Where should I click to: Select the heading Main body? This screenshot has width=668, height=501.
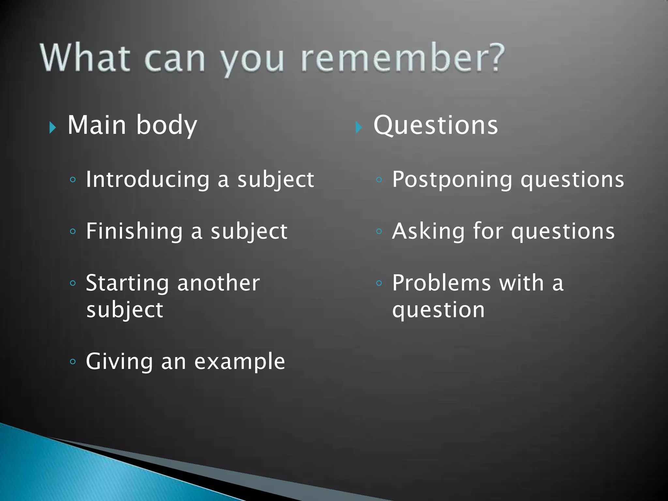132,125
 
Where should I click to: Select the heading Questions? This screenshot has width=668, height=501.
435,125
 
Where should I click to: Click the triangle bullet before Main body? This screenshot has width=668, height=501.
53,128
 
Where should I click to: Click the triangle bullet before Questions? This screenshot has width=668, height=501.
359,128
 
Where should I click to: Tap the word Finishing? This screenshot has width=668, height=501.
134,231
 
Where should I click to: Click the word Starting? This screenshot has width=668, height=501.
127,283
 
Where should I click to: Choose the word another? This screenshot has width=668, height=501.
219,283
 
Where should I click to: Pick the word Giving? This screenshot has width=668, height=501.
119,361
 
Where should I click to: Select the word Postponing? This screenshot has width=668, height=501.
452,180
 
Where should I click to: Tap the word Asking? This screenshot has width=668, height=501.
428,231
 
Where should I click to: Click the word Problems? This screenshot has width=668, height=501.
441,283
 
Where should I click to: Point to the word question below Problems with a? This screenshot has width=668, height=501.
438,310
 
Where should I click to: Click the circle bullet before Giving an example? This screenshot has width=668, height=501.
73,361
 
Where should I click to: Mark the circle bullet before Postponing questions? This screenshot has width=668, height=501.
379,179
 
